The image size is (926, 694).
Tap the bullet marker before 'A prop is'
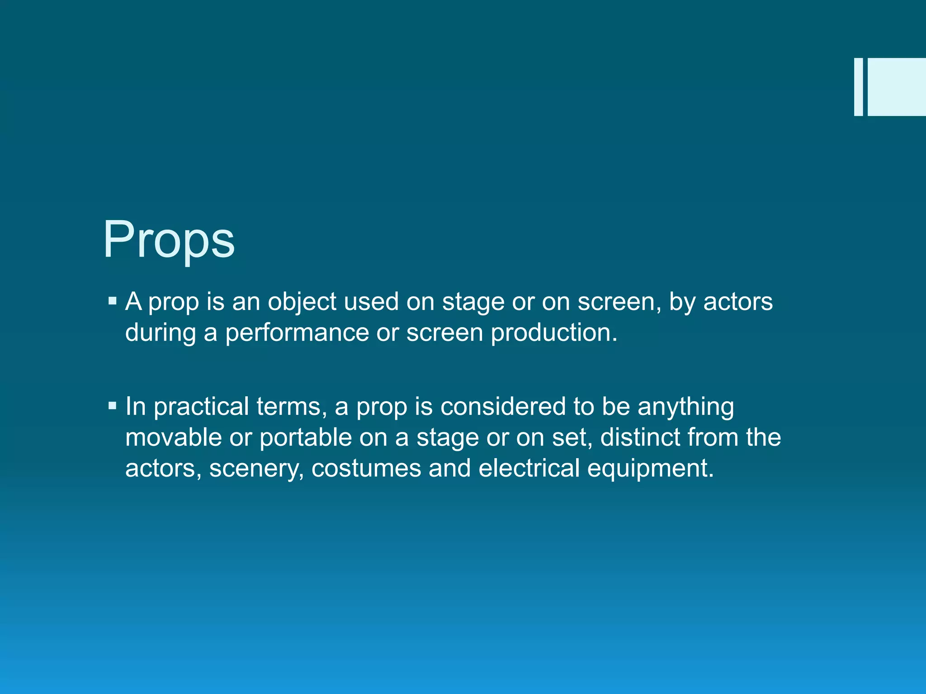[x=113, y=300]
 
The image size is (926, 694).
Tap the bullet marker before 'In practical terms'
[x=113, y=405]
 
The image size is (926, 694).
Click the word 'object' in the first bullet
[x=302, y=302]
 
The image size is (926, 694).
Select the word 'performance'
[x=297, y=333]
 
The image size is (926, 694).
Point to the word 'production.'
[x=554, y=333]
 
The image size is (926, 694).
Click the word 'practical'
[x=201, y=407]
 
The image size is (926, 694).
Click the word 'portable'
[x=306, y=437]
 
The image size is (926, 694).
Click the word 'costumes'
[x=366, y=468]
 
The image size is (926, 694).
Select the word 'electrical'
[x=529, y=468]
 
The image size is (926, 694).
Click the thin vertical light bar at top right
[x=858, y=87]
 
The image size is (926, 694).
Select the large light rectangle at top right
[x=896, y=87]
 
